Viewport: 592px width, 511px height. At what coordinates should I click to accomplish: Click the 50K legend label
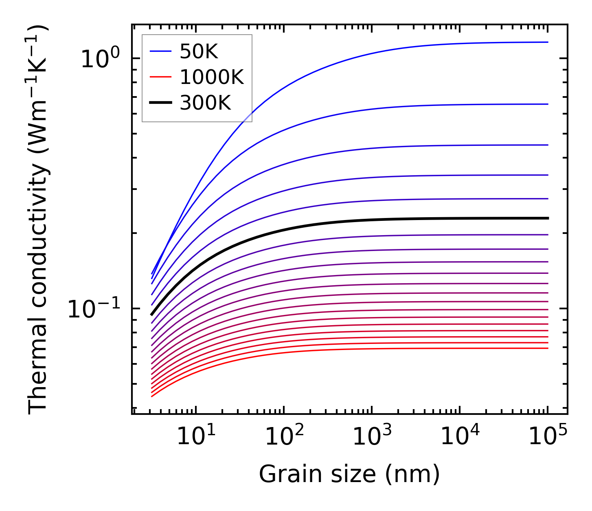pyautogui.click(x=199, y=52)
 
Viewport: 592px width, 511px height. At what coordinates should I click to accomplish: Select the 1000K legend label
pyautogui.click(x=211, y=77)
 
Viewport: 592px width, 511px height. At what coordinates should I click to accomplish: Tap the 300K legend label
pyautogui.click(x=205, y=103)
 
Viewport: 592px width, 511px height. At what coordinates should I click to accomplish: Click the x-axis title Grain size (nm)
pyautogui.click(x=349, y=475)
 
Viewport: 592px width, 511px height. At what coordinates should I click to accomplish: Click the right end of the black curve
pyautogui.click(x=548, y=218)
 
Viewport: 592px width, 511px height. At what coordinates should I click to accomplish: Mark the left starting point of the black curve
pyautogui.click(x=151, y=315)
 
